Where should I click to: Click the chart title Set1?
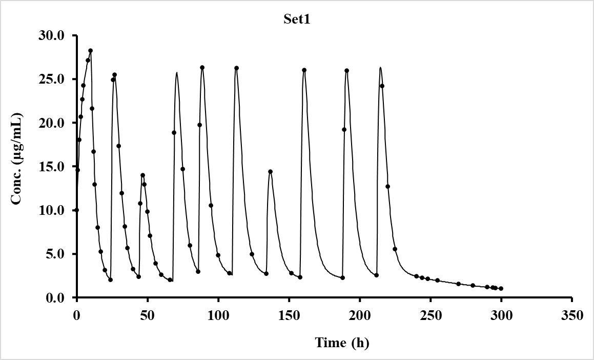tap(297, 20)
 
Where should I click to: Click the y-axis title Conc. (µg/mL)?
tap(17, 158)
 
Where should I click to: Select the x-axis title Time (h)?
tap(342, 343)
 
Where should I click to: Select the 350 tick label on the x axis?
tap(572, 315)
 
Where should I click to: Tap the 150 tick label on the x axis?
tap(289, 315)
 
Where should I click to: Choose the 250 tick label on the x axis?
tap(431, 315)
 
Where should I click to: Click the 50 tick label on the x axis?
tap(148, 315)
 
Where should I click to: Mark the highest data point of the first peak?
tap(91, 51)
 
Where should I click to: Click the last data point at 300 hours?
tap(501, 288)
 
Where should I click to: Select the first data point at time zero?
tap(76, 210)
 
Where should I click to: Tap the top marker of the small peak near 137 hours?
tap(270, 172)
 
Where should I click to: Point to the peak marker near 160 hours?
tap(304, 70)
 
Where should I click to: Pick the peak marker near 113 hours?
tap(236, 68)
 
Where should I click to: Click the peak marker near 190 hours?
tap(346, 71)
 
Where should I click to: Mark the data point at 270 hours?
tap(458, 284)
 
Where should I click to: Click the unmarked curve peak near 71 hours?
tap(177, 73)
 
